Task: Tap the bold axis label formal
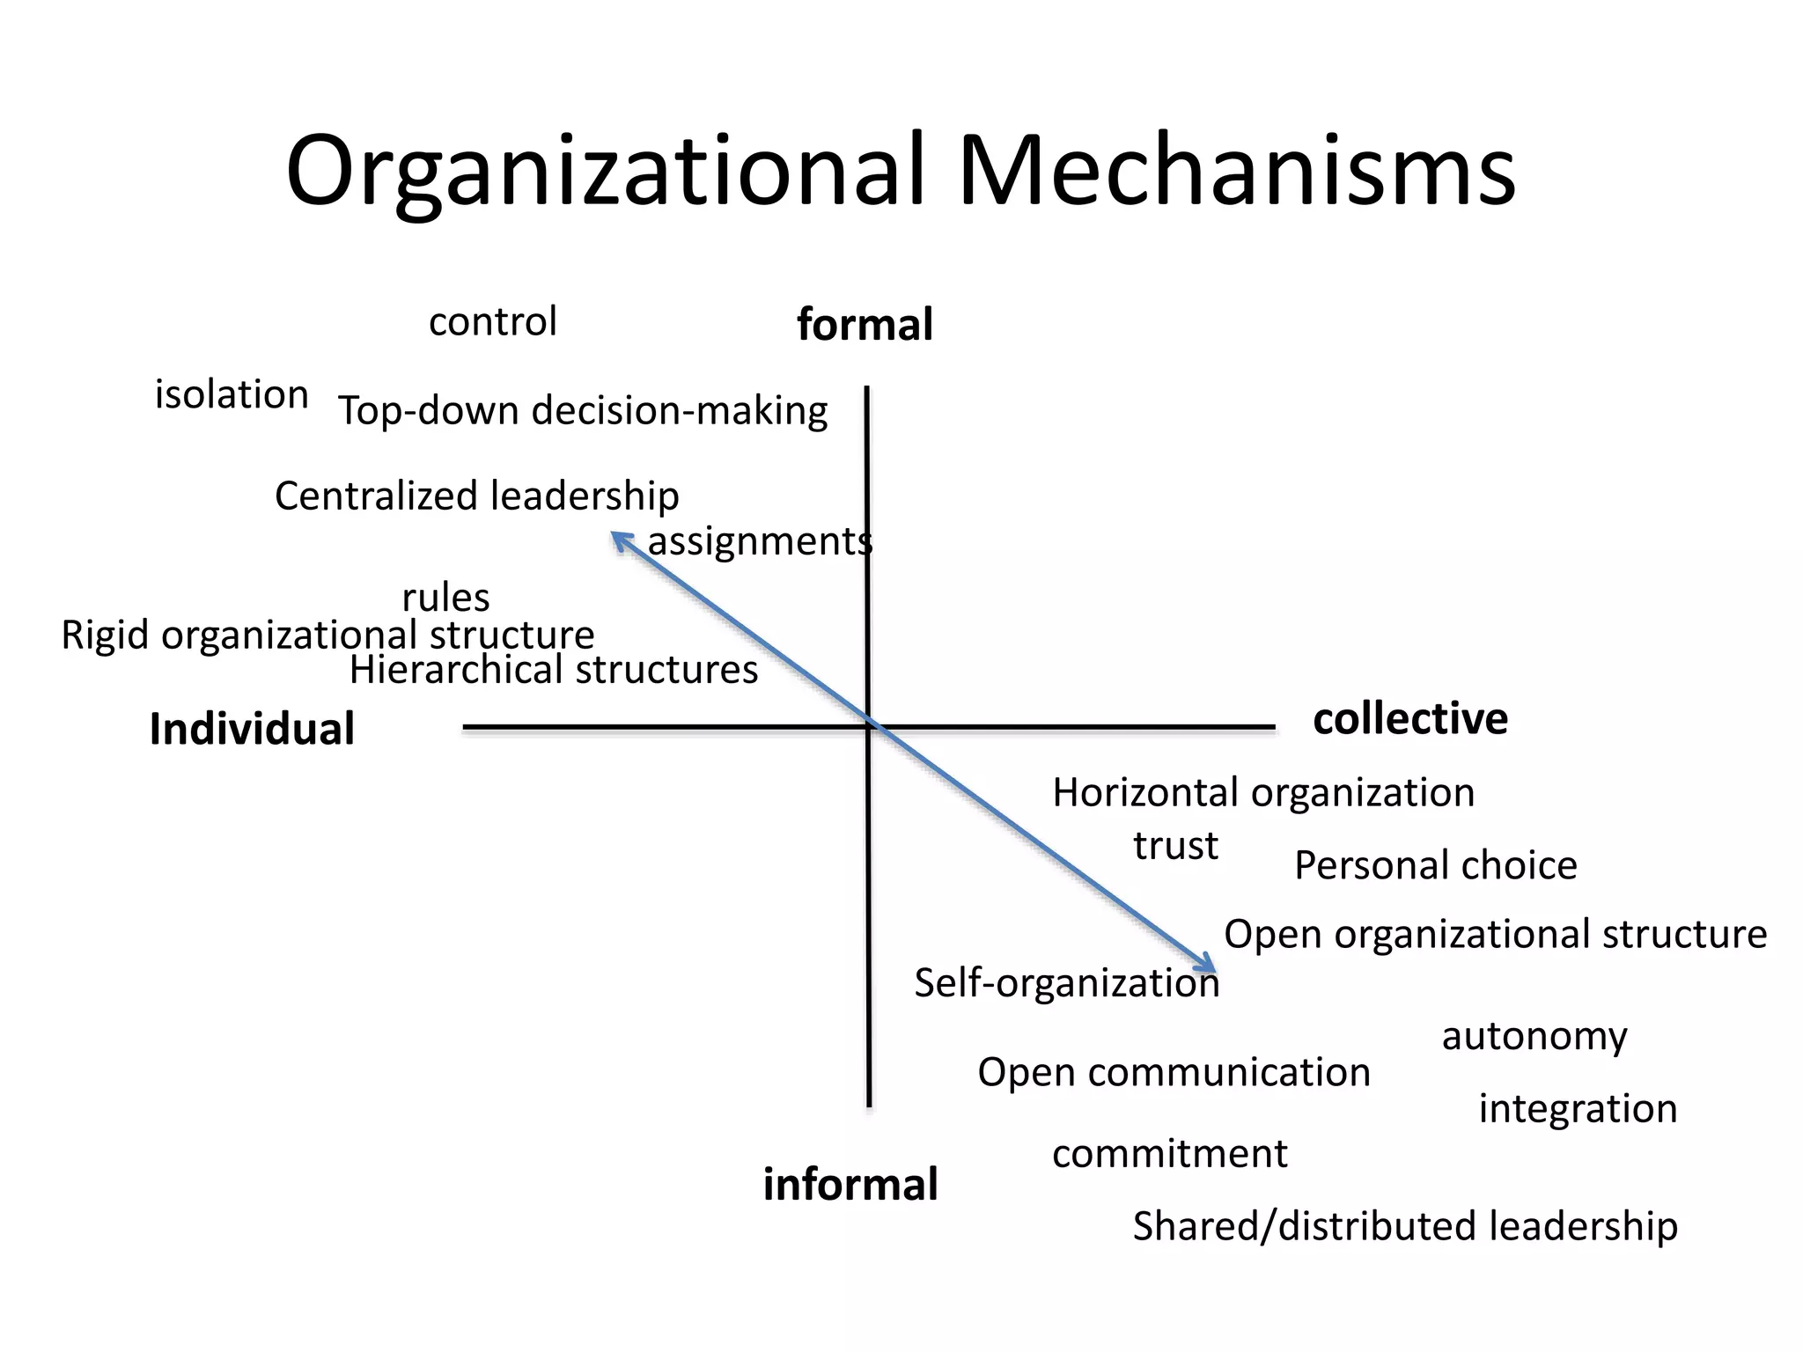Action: [x=865, y=324]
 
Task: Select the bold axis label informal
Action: [x=850, y=1184]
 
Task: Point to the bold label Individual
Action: [x=252, y=729]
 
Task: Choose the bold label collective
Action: [x=1410, y=718]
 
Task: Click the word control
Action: [x=493, y=321]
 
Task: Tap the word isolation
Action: [x=232, y=394]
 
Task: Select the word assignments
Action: [x=760, y=541]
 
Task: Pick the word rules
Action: [x=445, y=598]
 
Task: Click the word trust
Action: [x=1175, y=846]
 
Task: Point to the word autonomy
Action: [x=1534, y=1037]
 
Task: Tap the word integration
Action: [x=1578, y=1109]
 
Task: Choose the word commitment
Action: [x=1169, y=1153]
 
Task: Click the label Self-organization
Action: [x=1066, y=983]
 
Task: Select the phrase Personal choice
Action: [x=1435, y=865]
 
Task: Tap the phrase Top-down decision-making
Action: [x=583, y=411]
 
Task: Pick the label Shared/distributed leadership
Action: [x=1405, y=1226]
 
